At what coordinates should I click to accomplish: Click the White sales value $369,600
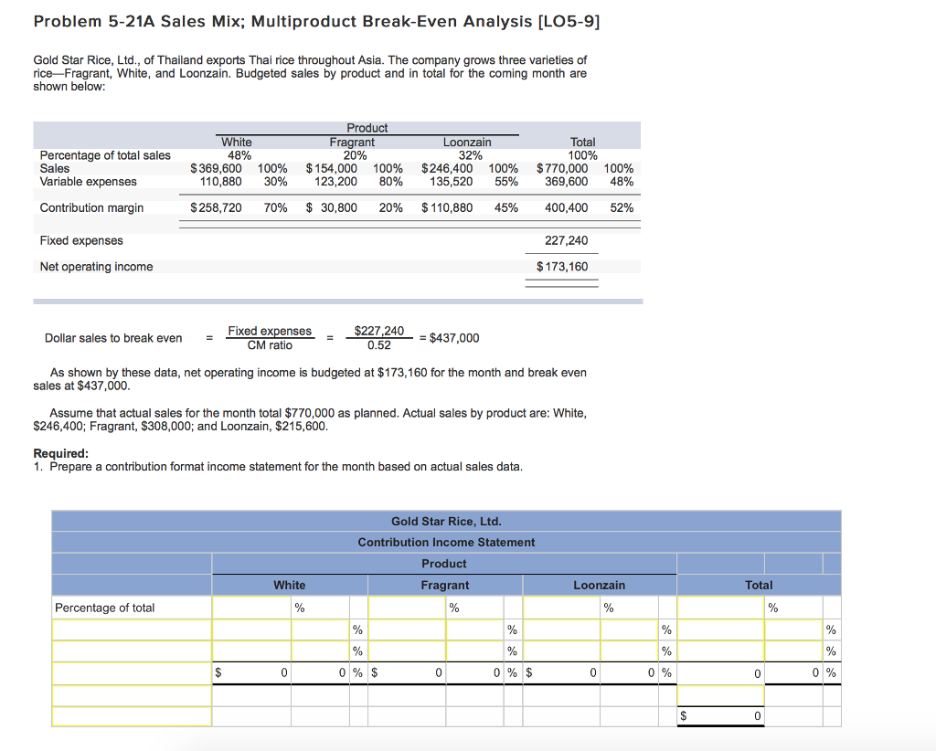click(216, 168)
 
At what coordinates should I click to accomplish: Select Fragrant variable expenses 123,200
click(335, 182)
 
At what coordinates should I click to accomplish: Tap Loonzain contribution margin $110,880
click(447, 207)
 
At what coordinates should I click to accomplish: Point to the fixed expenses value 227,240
click(567, 240)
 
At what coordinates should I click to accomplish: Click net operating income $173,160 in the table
click(562, 267)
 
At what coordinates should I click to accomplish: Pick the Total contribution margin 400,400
click(566, 207)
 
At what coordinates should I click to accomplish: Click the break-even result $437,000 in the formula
click(453, 338)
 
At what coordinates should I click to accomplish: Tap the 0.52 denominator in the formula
click(378, 345)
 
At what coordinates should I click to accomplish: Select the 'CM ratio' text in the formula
click(270, 345)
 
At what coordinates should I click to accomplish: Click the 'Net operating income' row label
click(96, 267)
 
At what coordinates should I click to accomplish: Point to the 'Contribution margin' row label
click(91, 207)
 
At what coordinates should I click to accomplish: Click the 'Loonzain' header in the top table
click(467, 142)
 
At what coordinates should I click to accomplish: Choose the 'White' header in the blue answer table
click(290, 585)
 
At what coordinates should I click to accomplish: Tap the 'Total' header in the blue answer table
click(759, 585)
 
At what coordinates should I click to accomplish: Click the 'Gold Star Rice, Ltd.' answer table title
click(446, 522)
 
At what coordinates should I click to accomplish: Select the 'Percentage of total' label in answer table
click(105, 608)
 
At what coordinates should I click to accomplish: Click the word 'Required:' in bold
click(61, 453)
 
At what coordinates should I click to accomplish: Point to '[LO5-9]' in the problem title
click(568, 22)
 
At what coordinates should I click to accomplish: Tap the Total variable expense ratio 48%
click(622, 182)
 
